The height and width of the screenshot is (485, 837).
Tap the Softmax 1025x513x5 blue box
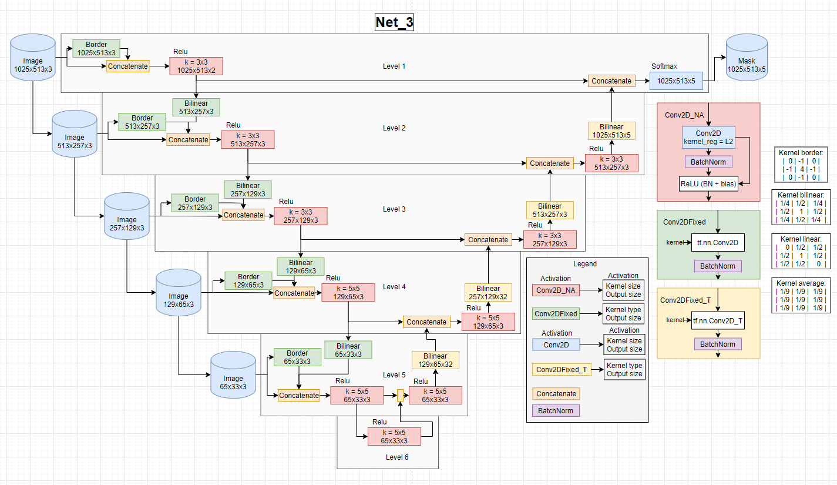[675, 81]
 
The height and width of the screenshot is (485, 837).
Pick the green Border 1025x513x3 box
[96, 48]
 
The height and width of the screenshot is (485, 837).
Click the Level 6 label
[398, 457]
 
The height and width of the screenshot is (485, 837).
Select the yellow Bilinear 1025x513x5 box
[611, 131]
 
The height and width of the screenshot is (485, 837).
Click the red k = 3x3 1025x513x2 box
[196, 66]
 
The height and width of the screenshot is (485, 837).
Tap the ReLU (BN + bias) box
[708, 184]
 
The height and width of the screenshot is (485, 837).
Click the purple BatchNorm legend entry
[556, 410]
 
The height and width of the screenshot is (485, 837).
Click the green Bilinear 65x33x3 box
[348, 350]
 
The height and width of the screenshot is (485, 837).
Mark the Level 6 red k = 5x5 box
[394, 436]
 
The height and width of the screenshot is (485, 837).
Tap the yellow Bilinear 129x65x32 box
[435, 360]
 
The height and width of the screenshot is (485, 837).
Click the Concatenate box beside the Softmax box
[611, 81]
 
